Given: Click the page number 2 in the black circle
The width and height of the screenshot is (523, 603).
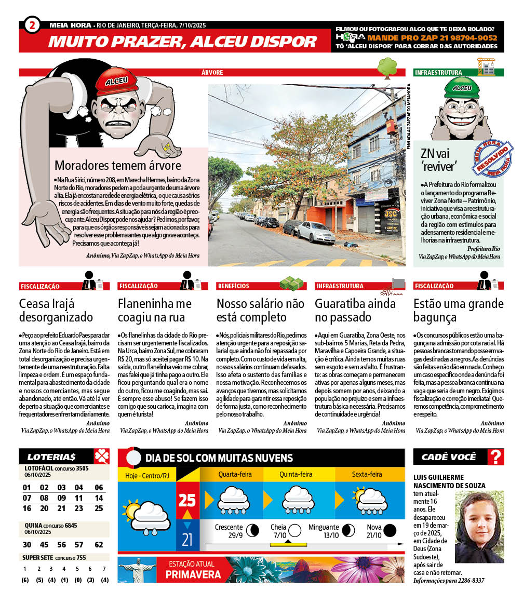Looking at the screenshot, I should pyautogui.click(x=32, y=25).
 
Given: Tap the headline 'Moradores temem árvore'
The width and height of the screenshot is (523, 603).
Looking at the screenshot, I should pyautogui.click(x=118, y=166).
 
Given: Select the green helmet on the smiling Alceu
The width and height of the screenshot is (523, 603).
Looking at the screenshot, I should pyautogui.click(x=461, y=89).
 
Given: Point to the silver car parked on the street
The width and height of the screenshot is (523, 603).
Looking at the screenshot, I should pyautogui.click(x=316, y=232).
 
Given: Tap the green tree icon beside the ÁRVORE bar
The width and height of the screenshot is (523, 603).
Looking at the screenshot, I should pyautogui.click(x=387, y=68).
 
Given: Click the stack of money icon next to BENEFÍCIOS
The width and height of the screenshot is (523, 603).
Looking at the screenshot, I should pyautogui.click(x=291, y=284).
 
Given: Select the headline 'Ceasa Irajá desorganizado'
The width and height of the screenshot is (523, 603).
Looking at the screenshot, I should pyautogui.click(x=56, y=310).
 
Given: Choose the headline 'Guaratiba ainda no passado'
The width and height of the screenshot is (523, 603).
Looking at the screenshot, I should pyautogui.click(x=355, y=310).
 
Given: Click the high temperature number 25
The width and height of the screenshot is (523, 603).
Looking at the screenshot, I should pyautogui.click(x=187, y=500).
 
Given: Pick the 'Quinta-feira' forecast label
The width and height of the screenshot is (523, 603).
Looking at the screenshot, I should pyautogui.click(x=296, y=474).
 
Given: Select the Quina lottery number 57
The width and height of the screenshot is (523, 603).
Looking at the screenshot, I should pyautogui.click(x=79, y=545).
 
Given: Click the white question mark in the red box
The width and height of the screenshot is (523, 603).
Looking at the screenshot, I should pyautogui.click(x=497, y=457).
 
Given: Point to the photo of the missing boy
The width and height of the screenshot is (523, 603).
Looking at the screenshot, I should pyautogui.click(x=479, y=527).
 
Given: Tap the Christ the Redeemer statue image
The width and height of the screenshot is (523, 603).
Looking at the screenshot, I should pyautogui.click(x=137, y=569).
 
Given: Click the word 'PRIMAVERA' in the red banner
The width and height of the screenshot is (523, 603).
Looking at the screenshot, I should pyautogui.click(x=193, y=574).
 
